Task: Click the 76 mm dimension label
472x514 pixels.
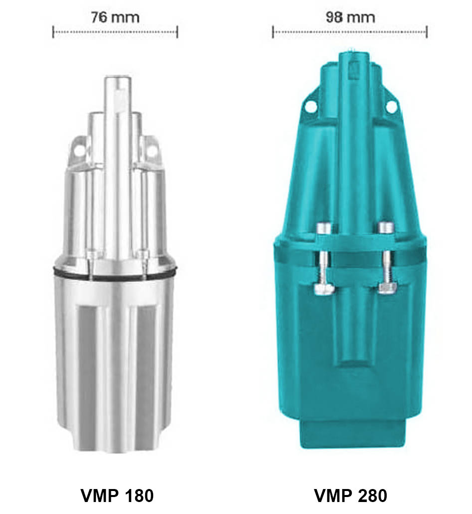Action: [115, 17]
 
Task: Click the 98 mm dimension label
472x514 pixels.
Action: [350, 17]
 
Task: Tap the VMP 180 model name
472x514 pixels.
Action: [117, 496]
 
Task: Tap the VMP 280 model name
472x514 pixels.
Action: [351, 496]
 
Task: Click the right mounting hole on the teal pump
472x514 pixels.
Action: [391, 105]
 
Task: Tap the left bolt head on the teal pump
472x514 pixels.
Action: [323, 228]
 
